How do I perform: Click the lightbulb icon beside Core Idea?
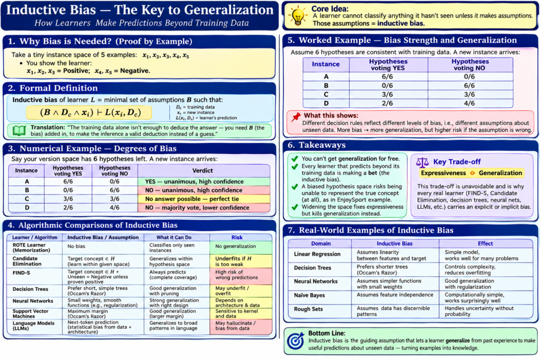[x=297, y=16]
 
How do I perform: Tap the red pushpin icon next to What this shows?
[x=295, y=117]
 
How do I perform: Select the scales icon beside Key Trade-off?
[x=422, y=162]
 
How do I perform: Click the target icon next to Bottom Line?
[x=296, y=341]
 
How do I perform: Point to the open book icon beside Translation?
[x=20, y=130]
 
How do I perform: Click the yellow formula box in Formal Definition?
[x=89, y=113]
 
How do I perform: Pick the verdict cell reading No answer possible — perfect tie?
[x=204, y=199]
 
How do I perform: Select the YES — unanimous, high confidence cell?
[x=204, y=181]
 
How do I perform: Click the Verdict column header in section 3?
[x=202, y=170]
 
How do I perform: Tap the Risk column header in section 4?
[x=237, y=238]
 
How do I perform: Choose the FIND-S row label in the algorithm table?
[x=21, y=273]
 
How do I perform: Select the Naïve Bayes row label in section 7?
[x=309, y=295]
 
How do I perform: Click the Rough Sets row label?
[x=308, y=309]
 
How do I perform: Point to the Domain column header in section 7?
[x=321, y=244]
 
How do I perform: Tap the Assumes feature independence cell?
[x=394, y=295]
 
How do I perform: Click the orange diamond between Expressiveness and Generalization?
[x=472, y=173]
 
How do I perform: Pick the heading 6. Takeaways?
[x=316, y=145]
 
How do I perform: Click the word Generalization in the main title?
[x=229, y=10]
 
